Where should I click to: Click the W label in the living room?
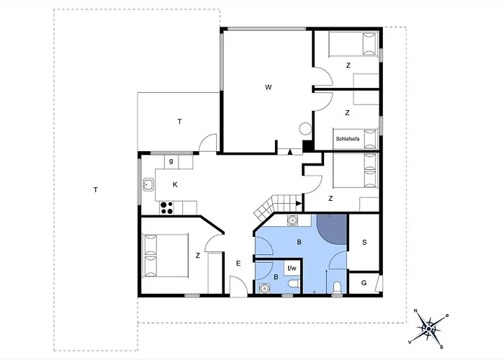point(268,87)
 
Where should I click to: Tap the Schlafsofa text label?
point(348,139)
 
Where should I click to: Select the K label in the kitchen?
point(175,184)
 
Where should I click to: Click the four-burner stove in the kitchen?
point(166,207)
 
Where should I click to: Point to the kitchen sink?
point(148,184)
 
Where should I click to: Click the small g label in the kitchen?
point(171,161)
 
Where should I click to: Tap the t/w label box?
point(292,267)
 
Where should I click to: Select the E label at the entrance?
point(238,264)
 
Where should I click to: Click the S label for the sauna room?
point(364,242)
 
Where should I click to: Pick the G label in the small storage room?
point(364,283)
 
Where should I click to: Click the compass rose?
point(429,328)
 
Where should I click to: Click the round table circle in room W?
point(305,129)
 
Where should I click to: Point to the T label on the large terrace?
point(96,190)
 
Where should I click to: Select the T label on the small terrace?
point(179,122)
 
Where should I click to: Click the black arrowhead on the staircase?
point(299,203)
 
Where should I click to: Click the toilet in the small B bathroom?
point(294,284)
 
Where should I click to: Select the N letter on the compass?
point(415,310)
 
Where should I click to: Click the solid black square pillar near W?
point(308,145)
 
